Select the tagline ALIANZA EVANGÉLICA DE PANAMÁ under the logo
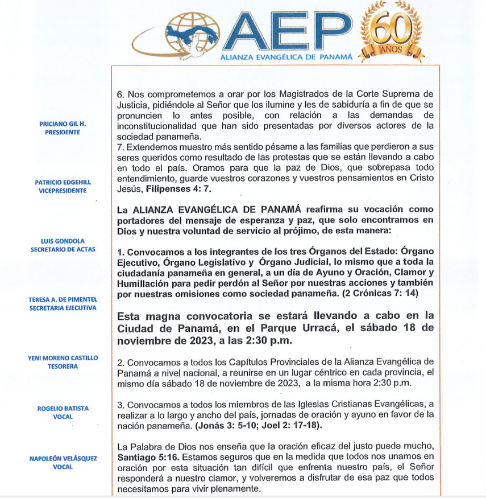click(286, 57)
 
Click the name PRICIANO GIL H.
click(63, 124)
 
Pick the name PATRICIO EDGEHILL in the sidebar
click(63, 183)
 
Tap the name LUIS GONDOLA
click(63, 241)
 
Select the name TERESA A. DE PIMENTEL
click(63, 299)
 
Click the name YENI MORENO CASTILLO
click(63, 358)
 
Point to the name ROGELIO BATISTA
click(63, 409)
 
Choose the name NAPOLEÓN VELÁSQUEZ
click(63, 458)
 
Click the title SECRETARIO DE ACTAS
click(63, 249)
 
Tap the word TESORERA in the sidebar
click(63, 367)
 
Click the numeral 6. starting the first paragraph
click(120, 93)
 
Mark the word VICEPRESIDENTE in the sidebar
click(63, 191)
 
